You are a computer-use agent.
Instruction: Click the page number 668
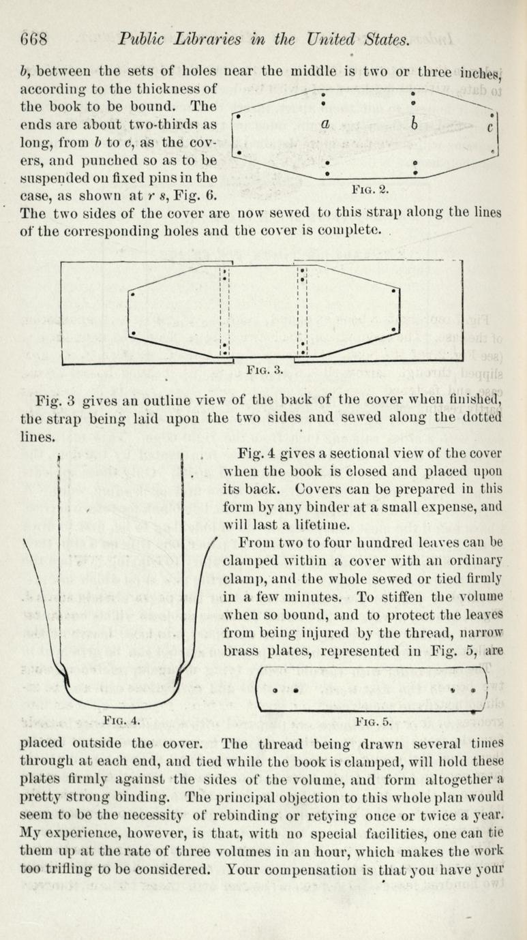[34, 40]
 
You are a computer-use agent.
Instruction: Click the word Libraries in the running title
[208, 40]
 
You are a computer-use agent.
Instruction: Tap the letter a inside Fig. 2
[325, 123]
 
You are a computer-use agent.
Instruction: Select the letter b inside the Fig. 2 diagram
[414, 124]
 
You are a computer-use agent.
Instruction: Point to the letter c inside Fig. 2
[490, 126]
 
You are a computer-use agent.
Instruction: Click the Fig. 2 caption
[370, 189]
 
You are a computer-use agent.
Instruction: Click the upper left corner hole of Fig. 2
[239, 115]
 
